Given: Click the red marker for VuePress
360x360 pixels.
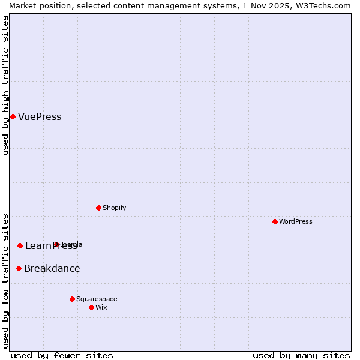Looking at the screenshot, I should coord(13,116).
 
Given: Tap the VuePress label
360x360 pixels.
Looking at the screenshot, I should coord(40,117).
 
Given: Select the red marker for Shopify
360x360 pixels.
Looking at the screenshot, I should coord(98,208).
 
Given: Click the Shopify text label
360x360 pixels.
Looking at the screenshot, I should coord(114,208).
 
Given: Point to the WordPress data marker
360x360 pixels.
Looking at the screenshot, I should coord(275,221).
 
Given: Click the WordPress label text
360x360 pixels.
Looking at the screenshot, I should coord(296,222).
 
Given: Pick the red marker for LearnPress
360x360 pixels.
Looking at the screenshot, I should coord(20,245).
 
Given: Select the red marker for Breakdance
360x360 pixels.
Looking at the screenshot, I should coord(19,268).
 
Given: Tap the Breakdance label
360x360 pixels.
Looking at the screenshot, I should coord(52,269).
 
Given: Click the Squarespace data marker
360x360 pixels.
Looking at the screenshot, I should coord(72,299).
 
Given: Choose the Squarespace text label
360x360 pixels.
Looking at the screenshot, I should coord(97,299).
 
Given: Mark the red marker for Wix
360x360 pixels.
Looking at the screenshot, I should coord(91,307).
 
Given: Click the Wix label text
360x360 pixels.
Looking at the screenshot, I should coord(101,308).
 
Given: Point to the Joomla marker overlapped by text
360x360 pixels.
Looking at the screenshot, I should coord(56,244).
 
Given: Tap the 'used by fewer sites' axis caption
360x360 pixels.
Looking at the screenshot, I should coord(62,355).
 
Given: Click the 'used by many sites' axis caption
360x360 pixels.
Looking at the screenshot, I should coord(301,355).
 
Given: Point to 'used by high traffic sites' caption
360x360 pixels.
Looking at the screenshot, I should coord(5,85).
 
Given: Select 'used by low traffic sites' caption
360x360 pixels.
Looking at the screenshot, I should coord(5,281).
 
